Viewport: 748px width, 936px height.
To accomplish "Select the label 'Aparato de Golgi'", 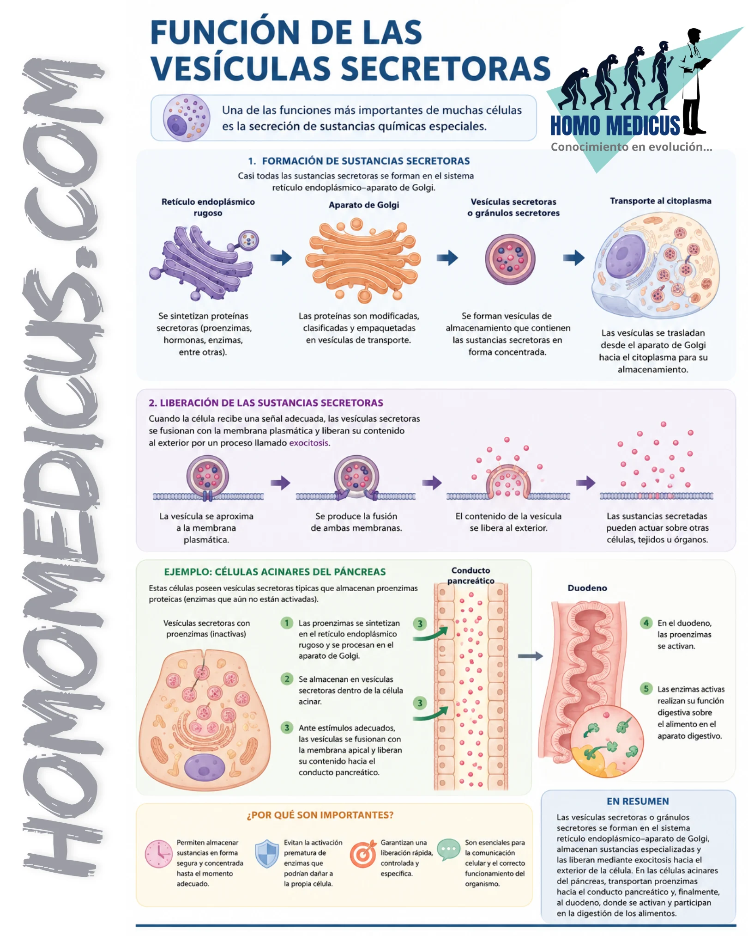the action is click(x=364, y=205).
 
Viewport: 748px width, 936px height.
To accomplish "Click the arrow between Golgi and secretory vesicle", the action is click(x=447, y=257).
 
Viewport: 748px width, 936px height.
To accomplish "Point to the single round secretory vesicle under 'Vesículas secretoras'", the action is click(x=510, y=259).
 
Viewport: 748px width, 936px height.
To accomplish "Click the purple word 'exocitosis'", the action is click(x=309, y=443).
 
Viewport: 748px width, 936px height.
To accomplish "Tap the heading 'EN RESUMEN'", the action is click(x=638, y=801).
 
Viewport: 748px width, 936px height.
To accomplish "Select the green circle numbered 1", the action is click(x=287, y=623).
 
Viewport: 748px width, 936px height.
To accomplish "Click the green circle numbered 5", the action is click(x=646, y=689).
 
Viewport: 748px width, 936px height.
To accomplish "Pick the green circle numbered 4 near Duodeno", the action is click(x=646, y=623).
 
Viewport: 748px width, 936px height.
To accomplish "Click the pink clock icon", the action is click(x=159, y=854).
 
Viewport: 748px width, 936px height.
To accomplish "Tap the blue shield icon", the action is click(x=267, y=854).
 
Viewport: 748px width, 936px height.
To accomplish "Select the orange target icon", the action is click(x=363, y=854).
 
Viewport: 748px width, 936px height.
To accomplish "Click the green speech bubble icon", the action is click(x=448, y=850).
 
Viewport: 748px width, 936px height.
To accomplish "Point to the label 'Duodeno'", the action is click(x=587, y=588).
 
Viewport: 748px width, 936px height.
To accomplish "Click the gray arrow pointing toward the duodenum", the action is click(x=530, y=656).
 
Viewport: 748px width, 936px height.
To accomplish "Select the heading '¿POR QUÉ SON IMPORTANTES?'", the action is click(x=320, y=815).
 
